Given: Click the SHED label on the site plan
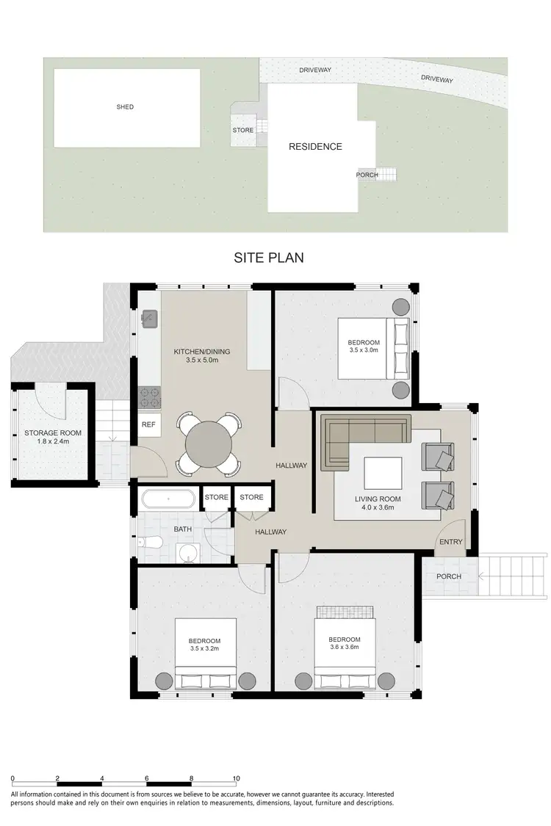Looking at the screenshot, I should (126, 107).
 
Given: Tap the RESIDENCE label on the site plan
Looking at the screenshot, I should (315, 147).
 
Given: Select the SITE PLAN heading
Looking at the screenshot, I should (269, 258).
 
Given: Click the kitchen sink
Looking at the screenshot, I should (148, 318).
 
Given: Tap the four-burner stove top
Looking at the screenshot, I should (149, 397).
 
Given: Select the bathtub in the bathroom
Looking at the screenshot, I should (168, 500).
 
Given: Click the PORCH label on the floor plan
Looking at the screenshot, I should (448, 576).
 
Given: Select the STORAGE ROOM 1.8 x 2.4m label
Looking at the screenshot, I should (53, 438).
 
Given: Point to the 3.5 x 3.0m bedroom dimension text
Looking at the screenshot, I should (364, 350).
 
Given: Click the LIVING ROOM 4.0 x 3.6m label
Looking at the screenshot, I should (378, 504).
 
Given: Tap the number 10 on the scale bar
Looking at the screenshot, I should (236, 778).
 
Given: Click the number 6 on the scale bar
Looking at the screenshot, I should (148, 778).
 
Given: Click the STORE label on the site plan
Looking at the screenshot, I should (243, 131).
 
